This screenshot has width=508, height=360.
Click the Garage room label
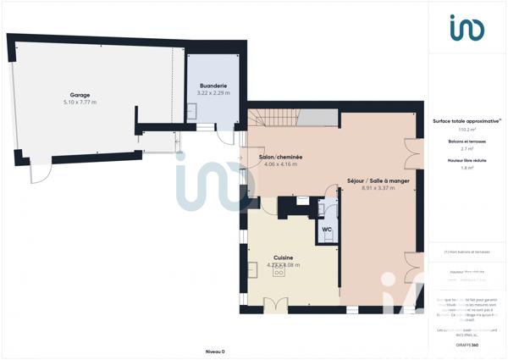[x=80, y=95]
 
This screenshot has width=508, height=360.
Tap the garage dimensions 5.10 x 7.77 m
[x=80, y=102]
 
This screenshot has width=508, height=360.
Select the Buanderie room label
[x=213, y=86]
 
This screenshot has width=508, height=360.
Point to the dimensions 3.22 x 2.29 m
[x=213, y=93]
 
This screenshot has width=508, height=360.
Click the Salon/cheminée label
[x=280, y=157]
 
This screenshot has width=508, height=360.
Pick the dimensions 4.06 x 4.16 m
[x=280, y=164]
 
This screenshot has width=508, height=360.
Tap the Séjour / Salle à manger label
[x=378, y=180]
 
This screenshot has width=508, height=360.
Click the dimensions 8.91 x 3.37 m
[x=378, y=188]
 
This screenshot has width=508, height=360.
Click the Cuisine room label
[x=284, y=258]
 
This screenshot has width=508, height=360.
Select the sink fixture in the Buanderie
[x=192, y=109]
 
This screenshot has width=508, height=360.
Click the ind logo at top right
[x=467, y=27]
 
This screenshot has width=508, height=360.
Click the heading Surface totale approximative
[x=467, y=121]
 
